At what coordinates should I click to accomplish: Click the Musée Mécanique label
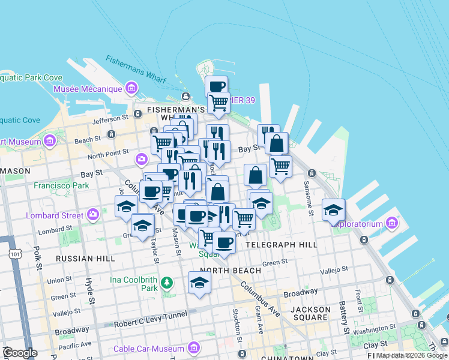coord(88,89)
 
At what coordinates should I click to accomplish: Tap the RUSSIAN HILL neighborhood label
coord(85,258)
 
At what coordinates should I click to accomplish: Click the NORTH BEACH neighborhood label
coord(231,270)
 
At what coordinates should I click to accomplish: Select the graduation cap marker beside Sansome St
coord(333,209)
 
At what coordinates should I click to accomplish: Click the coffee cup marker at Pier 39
coord(216,86)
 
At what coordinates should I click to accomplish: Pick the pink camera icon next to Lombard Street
coord(93,214)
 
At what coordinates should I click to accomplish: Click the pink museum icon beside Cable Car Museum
coord(193,348)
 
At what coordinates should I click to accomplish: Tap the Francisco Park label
coord(61,185)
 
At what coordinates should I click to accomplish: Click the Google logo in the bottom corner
coord(20,353)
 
